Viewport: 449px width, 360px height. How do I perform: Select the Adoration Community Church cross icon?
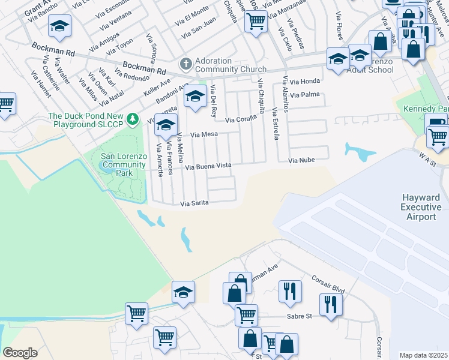[x=186, y=63]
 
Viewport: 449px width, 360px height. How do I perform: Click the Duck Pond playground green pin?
[x=136, y=116]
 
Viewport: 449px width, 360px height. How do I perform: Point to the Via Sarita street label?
[x=194, y=203]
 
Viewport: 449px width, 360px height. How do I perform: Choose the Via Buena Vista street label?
[x=208, y=166]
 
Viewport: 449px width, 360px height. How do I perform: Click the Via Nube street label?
[x=301, y=161]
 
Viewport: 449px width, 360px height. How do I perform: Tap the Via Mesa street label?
[x=204, y=135]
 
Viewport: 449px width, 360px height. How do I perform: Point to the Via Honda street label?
[x=305, y=81]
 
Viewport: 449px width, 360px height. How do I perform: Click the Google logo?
[x=20, y=353]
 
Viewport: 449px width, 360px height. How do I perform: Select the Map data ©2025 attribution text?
[x=424, y=355]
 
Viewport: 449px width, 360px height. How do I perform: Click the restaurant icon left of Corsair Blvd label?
[x=291, y=291]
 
